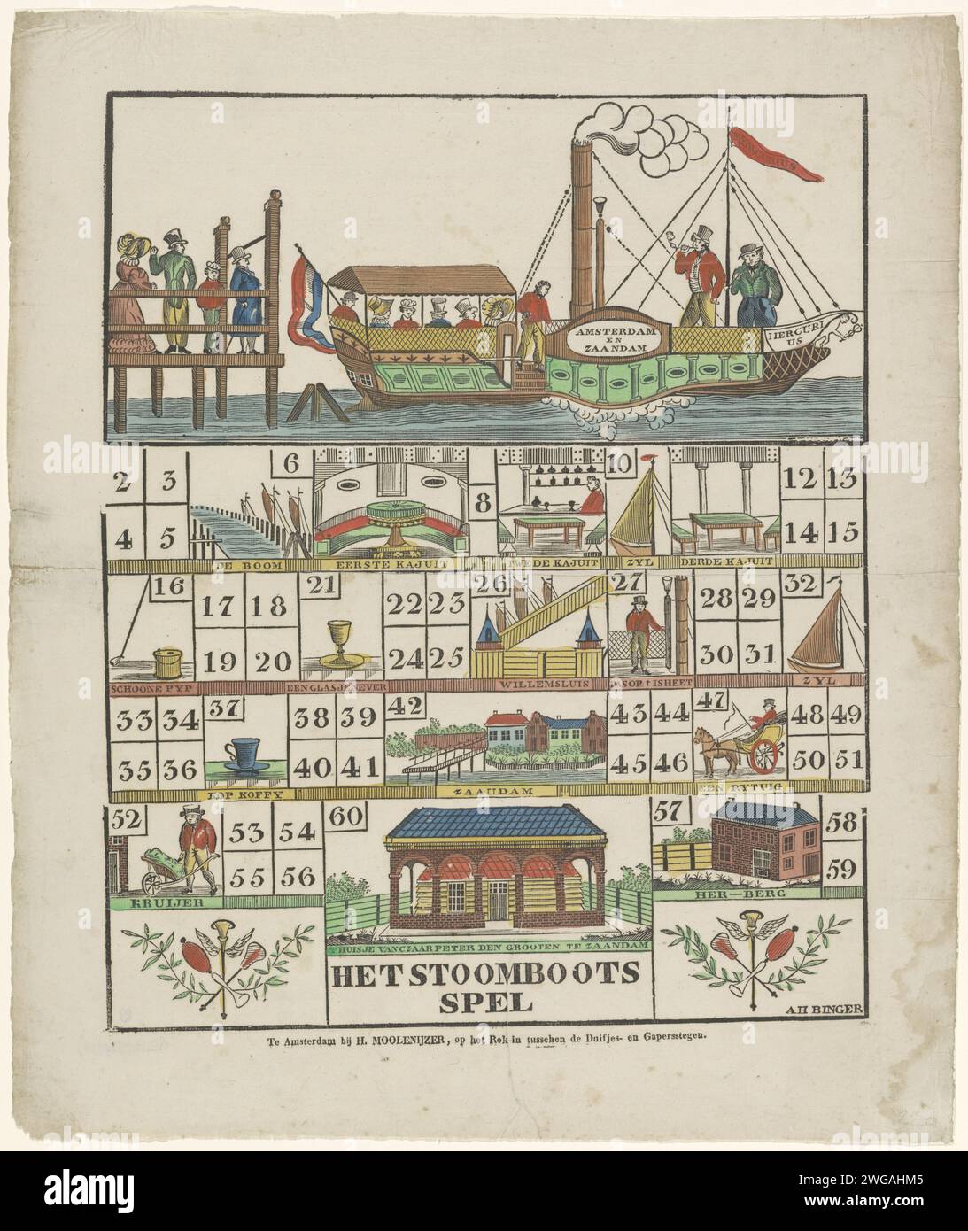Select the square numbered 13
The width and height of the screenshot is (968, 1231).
842,481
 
